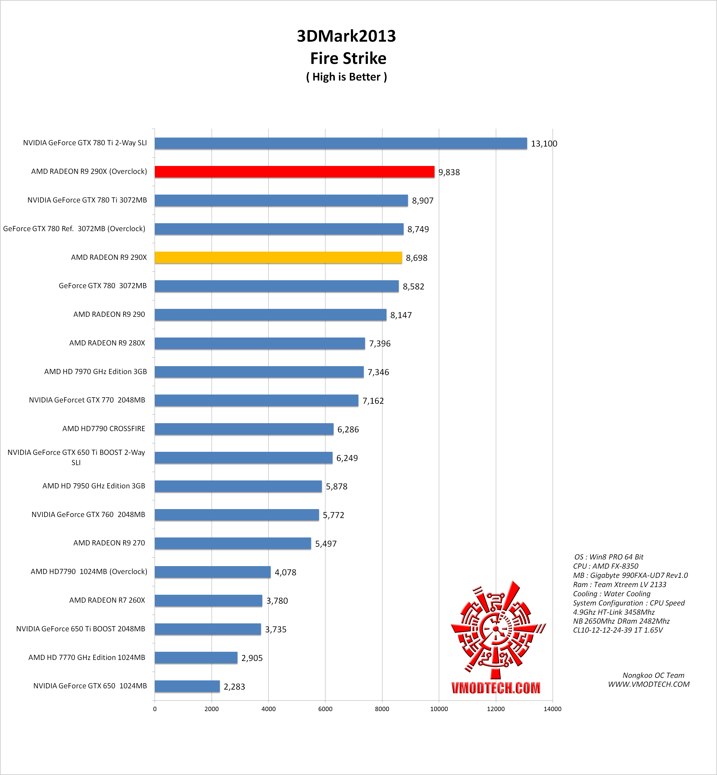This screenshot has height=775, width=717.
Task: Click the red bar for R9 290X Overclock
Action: tap(294, 172)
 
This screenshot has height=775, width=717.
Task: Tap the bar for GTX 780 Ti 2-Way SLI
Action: tap(341, 143)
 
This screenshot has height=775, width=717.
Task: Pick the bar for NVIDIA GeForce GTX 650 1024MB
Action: tap(187, 686)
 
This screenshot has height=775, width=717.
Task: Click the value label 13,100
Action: tap(544, 144)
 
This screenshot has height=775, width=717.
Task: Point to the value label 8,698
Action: tap(416, 258)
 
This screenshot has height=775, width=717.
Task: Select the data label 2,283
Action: tap(234, 687)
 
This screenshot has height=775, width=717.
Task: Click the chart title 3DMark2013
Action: tap(346, 36)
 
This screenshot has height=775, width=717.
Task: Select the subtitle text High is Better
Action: tap(346, 77)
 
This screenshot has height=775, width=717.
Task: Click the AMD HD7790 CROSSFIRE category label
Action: tap(104, 429)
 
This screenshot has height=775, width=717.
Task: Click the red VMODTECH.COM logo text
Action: tap(495, 688)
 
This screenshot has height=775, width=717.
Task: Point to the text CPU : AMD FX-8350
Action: tap(605, 566)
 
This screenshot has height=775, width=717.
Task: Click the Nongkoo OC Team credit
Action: tap(653, 675)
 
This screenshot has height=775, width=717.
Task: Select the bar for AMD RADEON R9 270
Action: tap(233, 543)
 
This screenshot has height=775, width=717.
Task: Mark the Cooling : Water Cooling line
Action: tap(611, 594)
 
